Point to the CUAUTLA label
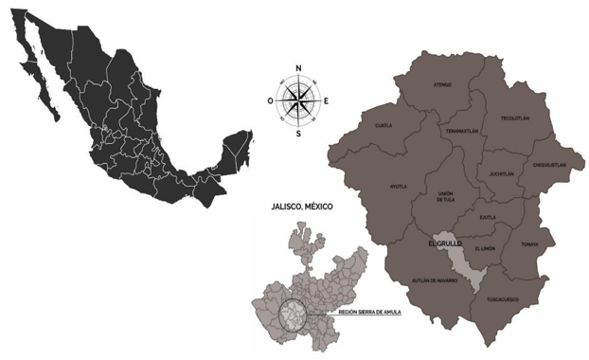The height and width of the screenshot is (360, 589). point(384,125)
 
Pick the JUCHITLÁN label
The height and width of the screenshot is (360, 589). point(501,174)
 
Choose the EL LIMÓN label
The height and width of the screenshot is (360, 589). point(485,247)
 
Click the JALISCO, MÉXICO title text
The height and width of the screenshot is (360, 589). point(303,206)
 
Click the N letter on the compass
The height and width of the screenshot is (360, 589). point(298,68)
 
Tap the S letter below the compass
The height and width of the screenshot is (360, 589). point(298,134)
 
